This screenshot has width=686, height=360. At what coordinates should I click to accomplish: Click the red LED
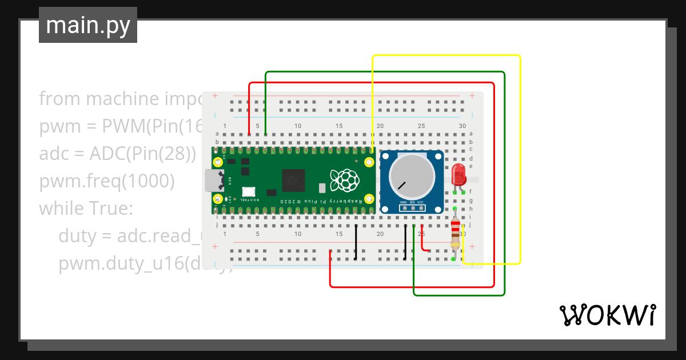coord(458,173)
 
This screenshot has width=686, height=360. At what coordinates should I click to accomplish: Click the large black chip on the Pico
coord(293,181)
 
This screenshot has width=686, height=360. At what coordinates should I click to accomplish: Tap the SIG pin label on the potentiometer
coord(412,203)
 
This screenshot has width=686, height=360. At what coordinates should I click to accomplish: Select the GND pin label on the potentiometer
coord(403,203)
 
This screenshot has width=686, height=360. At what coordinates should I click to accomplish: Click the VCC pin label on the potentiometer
coord(421,203)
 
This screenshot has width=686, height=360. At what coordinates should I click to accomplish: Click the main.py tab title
coord(88,25)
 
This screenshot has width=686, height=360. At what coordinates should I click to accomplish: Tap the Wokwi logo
coord(607,315)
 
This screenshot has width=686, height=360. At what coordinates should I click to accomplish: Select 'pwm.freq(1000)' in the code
coord(107,181)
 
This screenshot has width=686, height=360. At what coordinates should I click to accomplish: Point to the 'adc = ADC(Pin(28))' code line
coord(117,154)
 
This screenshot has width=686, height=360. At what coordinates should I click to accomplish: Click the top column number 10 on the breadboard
coord(298,126)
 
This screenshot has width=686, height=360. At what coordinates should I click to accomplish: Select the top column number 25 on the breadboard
coord(421,126)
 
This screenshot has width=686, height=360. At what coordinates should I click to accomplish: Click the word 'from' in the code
coord(59,99)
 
